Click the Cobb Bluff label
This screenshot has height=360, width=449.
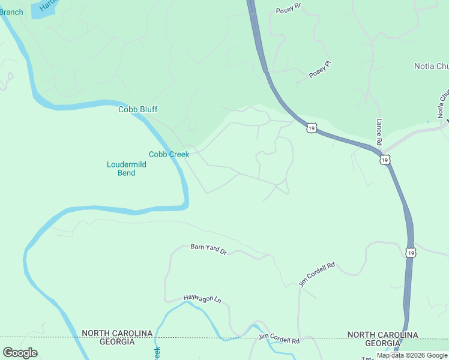point(137,109)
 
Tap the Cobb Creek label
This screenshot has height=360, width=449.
point(169,154)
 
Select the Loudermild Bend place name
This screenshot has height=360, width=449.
point(121,169)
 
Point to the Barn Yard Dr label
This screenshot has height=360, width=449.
point(208,249)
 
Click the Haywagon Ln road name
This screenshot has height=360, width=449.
point(202,299)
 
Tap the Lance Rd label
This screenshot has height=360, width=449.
point(379,131)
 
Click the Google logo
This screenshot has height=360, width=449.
point(20,352)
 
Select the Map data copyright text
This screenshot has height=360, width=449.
point(412,355)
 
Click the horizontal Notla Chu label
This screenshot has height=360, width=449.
point(431,66)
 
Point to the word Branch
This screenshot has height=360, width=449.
point(11,12)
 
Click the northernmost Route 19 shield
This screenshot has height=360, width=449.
point(311,127)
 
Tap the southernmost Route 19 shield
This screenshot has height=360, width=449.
point(410,253)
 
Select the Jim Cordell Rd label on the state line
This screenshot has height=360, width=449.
point(279,339)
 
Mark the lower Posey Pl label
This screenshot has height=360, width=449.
point(320,70)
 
